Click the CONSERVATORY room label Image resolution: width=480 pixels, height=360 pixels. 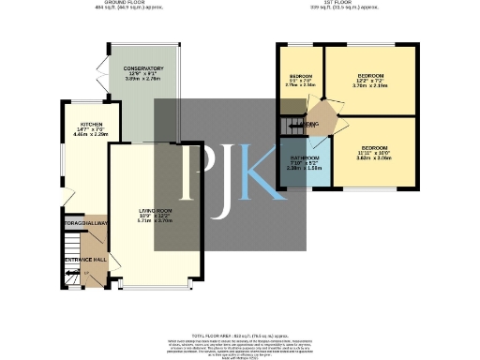point(143,68)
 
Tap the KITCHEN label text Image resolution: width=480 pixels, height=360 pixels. point(91,123)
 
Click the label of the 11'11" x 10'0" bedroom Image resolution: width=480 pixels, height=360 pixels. point(374,148)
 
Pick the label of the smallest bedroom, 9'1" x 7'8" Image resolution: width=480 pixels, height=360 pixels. point(300,75)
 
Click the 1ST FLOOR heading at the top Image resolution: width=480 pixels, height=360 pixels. point(352,3)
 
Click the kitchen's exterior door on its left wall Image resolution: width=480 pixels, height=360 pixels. point(66,196)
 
